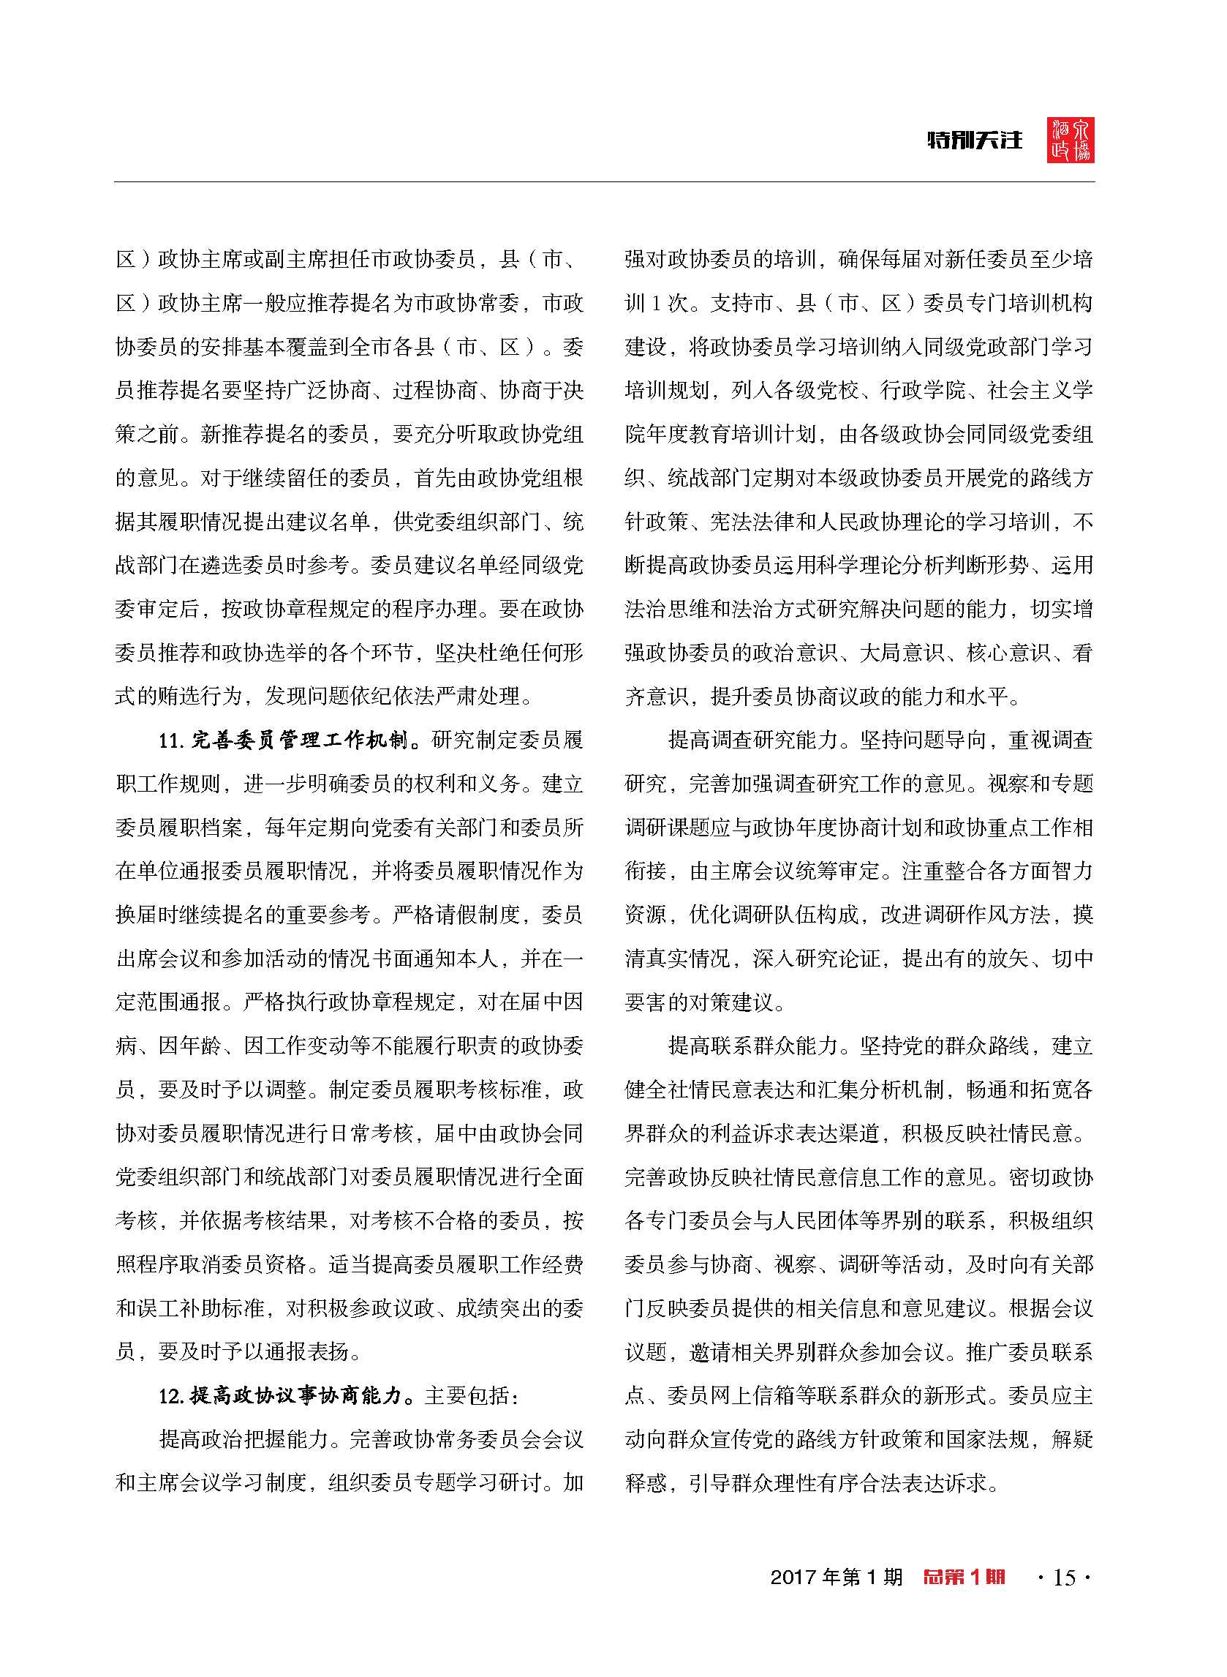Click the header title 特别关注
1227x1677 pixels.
click(975, 140)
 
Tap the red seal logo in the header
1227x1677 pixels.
click(1071, 140)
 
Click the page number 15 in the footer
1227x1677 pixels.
click(1065, 1597)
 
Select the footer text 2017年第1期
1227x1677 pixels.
click(837, 1597)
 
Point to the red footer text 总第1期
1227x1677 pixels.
click(964, 1597)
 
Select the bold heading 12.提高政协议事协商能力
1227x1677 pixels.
click(286, 1396)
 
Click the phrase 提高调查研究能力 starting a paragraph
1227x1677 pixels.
click(753, 740)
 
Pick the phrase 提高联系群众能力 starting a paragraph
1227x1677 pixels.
click(753, 1046)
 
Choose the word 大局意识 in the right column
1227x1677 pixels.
click(901, 653)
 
